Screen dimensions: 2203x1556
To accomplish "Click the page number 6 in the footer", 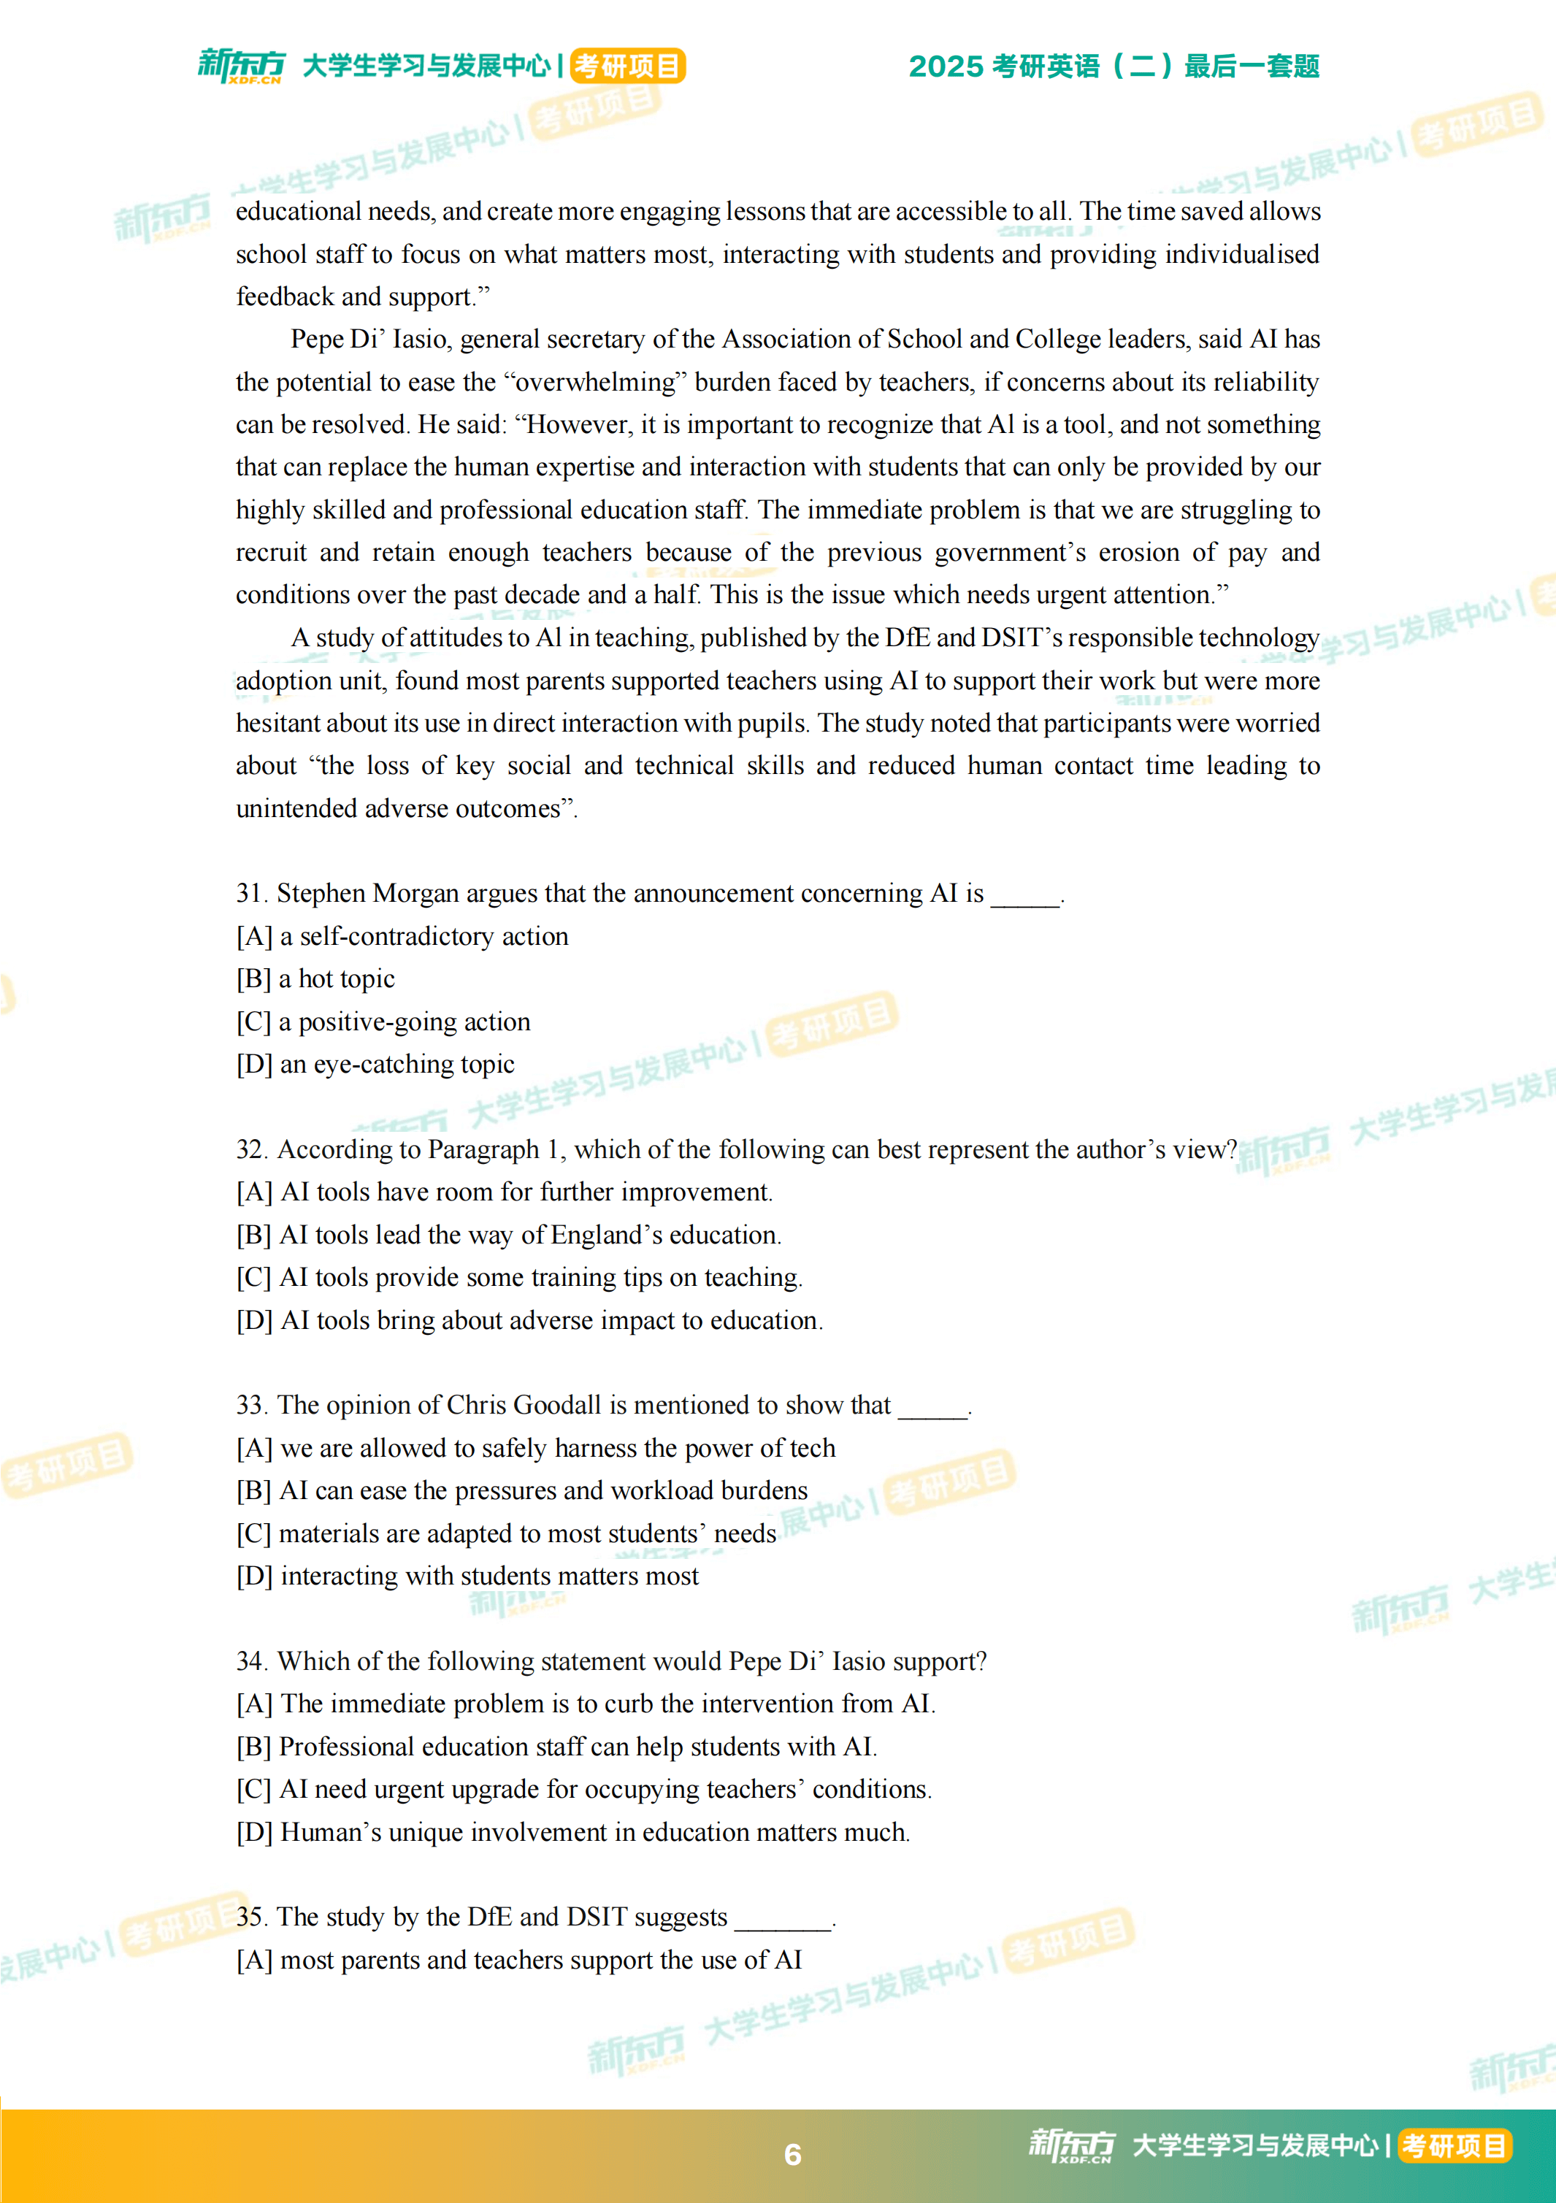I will [x=792, y=2154].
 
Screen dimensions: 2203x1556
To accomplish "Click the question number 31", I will [x=250, y=893].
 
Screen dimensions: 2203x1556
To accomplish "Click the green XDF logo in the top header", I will [x=241, y=65].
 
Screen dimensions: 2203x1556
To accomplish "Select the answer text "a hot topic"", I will [x=337, y=978].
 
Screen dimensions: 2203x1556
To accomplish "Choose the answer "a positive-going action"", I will [x=404, y=1022].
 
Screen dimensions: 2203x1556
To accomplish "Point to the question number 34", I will [x=250, y=1661].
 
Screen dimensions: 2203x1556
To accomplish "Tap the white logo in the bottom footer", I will [x=1072, y=2145].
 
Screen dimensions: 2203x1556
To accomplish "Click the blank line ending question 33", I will [x=932, y=1406].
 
